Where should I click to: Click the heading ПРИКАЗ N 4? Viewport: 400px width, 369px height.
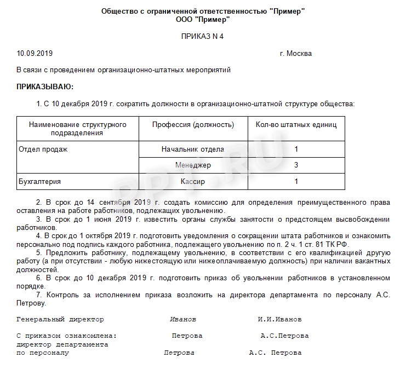(x=202, y=37)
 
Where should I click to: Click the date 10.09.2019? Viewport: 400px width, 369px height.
(x=35, y=54)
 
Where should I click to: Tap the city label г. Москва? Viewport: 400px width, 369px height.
(x=295, y=54)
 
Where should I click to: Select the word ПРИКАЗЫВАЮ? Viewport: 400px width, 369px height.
(x=45, y=87)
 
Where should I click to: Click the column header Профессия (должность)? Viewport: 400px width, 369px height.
(x=193, y=125)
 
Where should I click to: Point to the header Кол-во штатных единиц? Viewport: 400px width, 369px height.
(x=296, y=125)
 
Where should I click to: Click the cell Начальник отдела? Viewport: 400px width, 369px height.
(x=193, y=149)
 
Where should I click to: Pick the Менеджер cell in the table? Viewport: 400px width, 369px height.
(x=193, y=165)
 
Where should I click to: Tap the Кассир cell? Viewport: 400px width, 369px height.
(x=193, y=181)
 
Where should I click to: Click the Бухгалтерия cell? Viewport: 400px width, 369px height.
(x=39, y=181)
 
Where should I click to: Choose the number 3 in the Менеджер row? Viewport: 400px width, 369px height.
(x=296, y=165)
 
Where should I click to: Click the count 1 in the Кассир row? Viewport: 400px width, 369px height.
(x=296, y=181)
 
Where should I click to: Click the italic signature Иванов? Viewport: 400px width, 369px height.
(x=183, y=319)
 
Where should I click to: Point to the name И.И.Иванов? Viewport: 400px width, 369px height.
(x=279, y=319)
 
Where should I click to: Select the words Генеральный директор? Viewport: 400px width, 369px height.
(x=60, y=319)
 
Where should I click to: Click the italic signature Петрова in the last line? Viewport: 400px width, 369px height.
(x=179, y=353)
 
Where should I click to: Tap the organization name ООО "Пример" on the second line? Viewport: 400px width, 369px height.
(x=202, y=19)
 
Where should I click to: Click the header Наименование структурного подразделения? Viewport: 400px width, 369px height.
(x=78, y=129)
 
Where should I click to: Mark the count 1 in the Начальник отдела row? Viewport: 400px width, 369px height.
(x=296, y=149)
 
